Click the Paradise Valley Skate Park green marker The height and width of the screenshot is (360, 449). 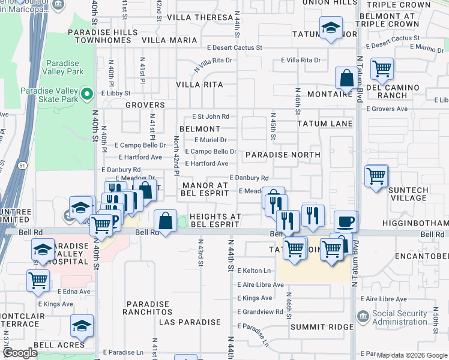pos(87,95)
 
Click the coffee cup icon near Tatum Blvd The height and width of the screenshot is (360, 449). pos(345,221)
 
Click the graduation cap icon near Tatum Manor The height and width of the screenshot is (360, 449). pos(330,28)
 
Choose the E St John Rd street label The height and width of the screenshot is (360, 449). pos(210,116)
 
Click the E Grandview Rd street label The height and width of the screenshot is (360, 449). pos(260,312)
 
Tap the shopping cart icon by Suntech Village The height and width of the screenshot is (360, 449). pos(376,176)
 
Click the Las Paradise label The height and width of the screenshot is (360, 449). pos(190,322)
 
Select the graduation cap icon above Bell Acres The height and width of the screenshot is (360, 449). pos(82,326)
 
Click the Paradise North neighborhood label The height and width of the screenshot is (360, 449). pos(282,155)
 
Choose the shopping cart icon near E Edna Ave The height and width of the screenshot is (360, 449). pos(38,280)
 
